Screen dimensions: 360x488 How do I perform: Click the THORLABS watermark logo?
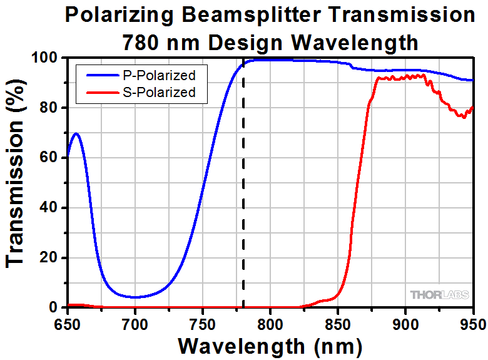click(437, 294)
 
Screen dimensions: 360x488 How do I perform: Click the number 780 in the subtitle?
click(143, 42)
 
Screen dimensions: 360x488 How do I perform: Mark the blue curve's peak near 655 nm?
click(76, 133)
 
